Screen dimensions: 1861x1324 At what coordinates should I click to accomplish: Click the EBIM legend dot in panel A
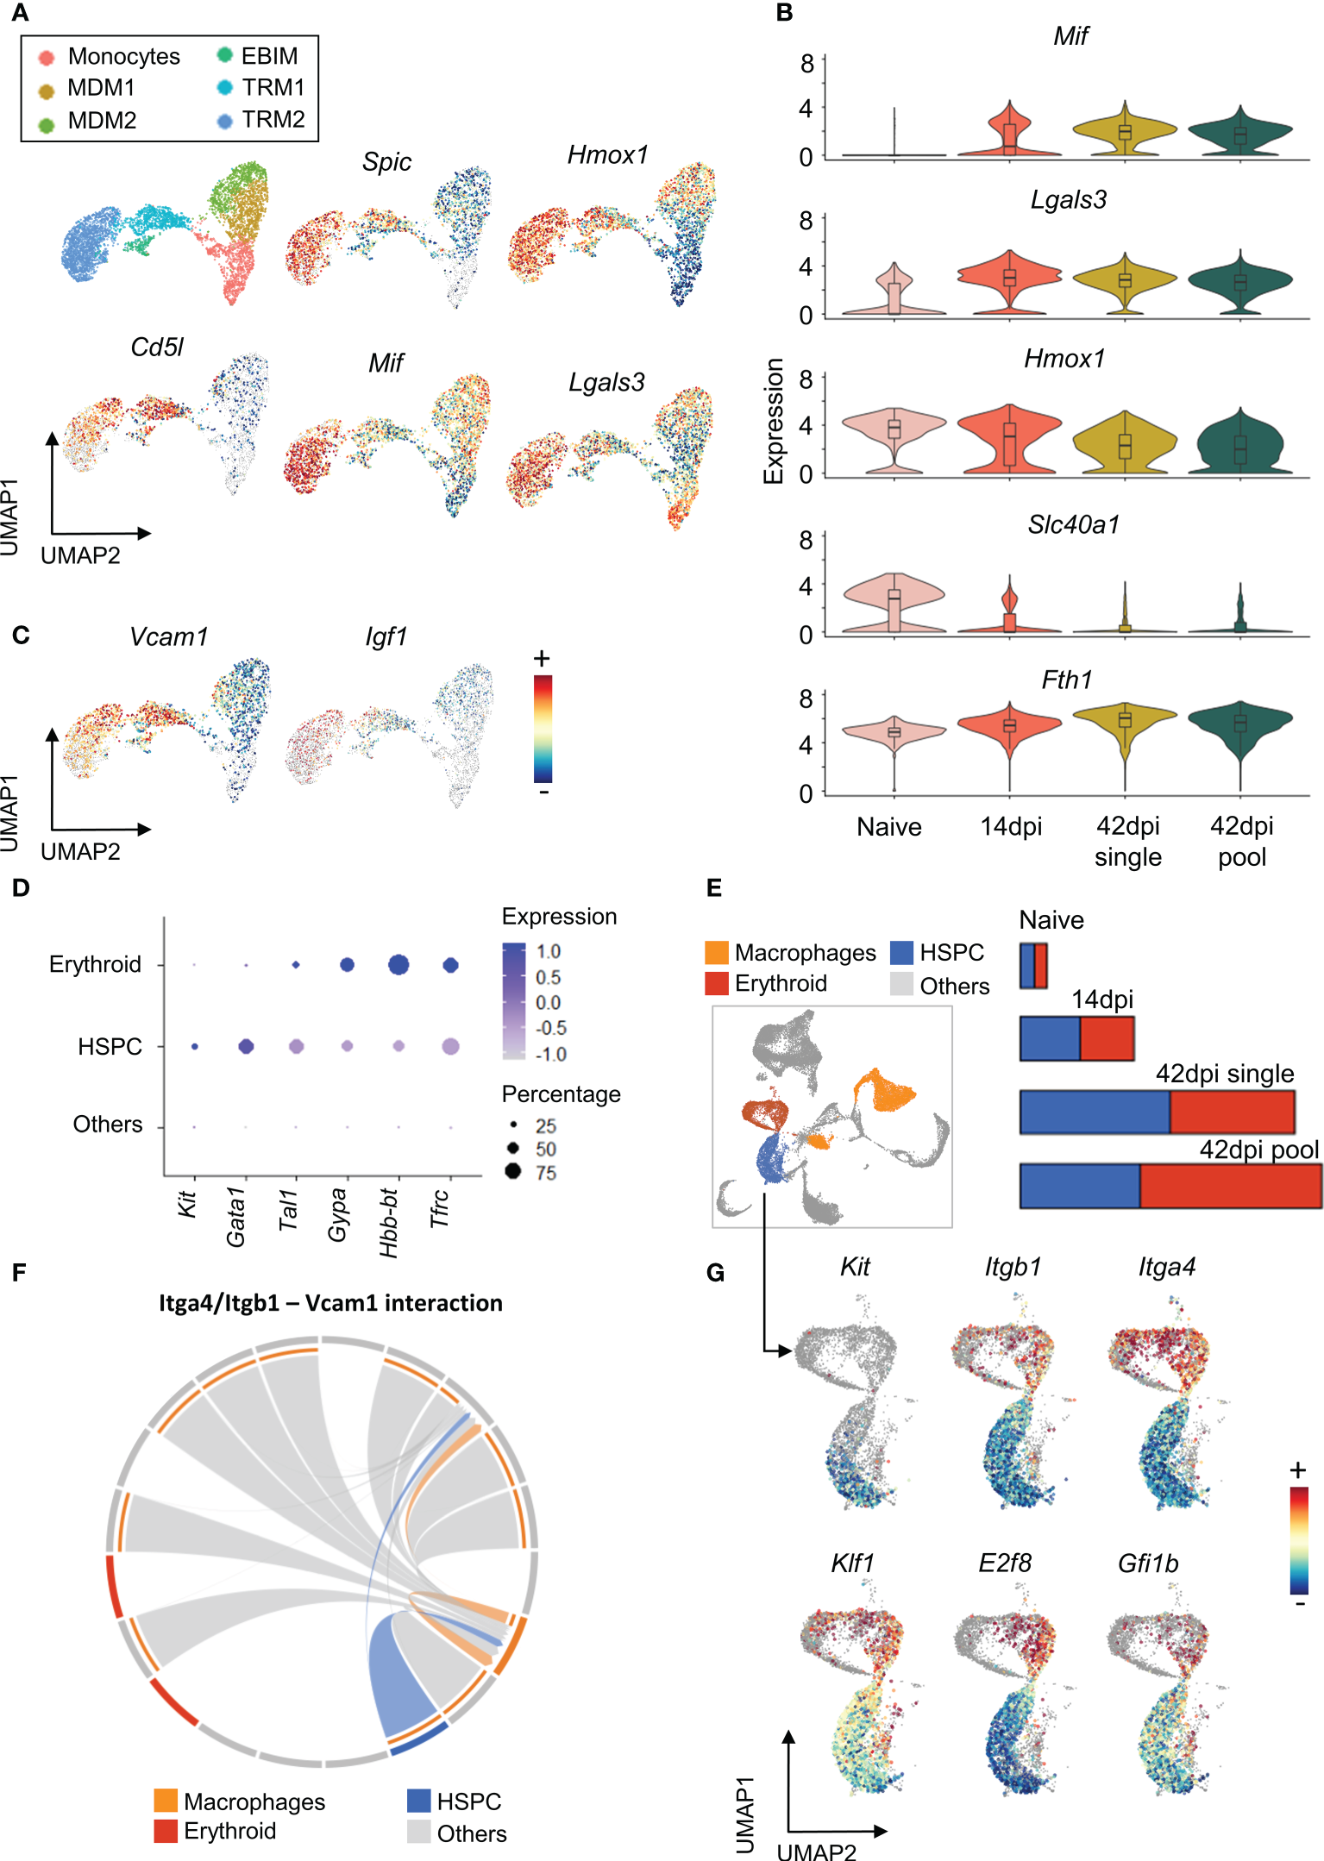225,55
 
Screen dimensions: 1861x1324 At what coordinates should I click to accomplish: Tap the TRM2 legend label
273,119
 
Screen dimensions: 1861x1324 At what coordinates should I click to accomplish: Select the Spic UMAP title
386,161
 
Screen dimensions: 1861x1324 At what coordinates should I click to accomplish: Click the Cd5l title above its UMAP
157,347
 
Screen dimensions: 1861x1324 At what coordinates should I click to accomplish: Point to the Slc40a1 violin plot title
1073,524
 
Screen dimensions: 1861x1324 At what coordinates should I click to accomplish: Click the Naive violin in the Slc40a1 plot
894,603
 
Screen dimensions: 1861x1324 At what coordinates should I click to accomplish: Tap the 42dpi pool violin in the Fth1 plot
1239,723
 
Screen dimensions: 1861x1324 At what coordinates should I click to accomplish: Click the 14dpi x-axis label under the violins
1011,827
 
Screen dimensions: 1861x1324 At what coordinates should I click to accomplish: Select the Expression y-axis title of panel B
774,421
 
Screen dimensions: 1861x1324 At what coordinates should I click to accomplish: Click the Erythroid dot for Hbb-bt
398,964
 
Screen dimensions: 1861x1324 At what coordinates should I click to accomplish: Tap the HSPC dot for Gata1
246,1046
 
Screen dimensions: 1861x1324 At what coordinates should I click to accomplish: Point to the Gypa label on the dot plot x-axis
337,1214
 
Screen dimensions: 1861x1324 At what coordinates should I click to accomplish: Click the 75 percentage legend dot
513,1171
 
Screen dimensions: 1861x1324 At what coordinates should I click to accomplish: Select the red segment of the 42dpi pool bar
1230,1186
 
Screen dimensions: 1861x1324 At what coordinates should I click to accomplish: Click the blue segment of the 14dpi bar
1050,1038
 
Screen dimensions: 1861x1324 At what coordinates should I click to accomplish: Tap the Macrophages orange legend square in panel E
717,952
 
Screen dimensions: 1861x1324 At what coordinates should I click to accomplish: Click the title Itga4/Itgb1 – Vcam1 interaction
330,1302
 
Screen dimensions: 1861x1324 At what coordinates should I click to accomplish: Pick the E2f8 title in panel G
1005,1563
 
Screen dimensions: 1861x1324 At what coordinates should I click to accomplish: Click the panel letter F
20,1272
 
